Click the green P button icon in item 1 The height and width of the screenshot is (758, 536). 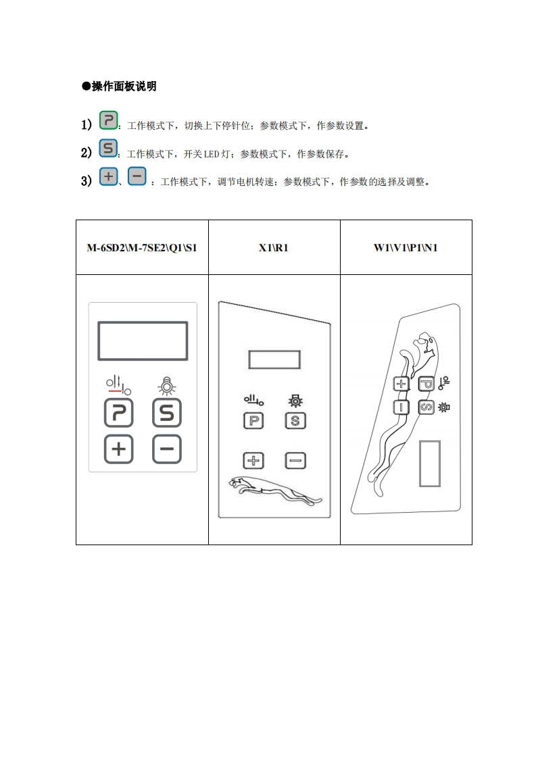(x=109, y=121)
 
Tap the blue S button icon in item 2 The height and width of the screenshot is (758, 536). (x=108, y=149)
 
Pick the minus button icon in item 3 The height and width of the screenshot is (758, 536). (x=137, y=177)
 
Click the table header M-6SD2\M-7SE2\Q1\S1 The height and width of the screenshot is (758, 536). (x=142, y=247)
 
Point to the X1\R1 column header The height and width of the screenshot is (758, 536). (x=274, y=247)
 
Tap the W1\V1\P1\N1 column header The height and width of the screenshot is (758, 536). (x=406, y=247)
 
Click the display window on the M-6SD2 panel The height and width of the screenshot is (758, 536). (x=143, y=341)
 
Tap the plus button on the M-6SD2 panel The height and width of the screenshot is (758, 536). (x=119, y=449)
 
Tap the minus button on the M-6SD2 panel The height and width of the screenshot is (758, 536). (x=166, y=449)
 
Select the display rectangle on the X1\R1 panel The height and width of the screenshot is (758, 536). (x=274, y=359)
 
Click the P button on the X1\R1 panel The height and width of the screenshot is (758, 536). (x=253, y=421)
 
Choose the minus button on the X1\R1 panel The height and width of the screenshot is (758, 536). (x=295, y=461)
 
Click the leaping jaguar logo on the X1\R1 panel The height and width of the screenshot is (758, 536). (x=274, y=490)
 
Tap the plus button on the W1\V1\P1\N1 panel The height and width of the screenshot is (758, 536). (x=401, y=384)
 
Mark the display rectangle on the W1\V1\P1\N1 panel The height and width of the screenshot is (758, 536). (x=429, y=463)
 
